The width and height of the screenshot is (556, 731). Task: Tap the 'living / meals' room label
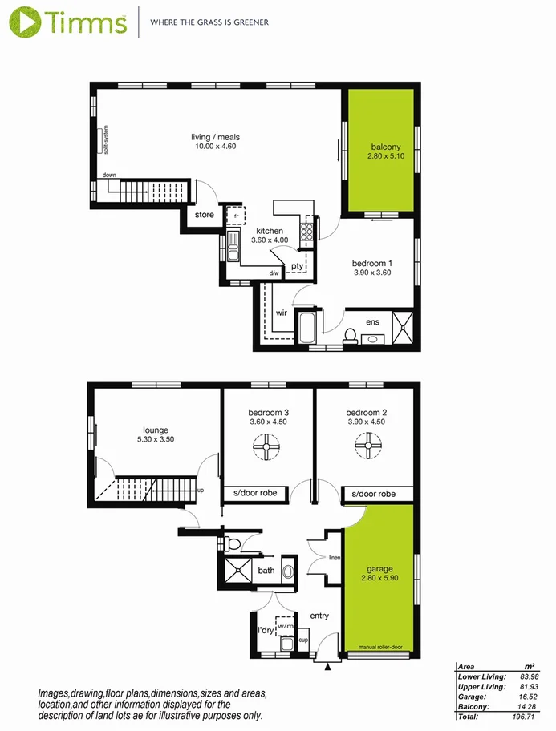(216, 137)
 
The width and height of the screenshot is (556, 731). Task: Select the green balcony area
(379, 151)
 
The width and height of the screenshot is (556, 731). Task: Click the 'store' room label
(205, 215)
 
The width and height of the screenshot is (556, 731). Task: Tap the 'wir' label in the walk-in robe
(282, 313)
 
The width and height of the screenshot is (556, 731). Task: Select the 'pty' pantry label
(298, 266)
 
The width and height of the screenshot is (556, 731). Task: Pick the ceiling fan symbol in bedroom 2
(367, 446)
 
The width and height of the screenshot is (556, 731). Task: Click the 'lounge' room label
(155, 430)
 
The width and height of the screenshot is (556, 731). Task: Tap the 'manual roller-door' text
(380, 646)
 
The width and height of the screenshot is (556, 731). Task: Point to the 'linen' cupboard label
(335, 558)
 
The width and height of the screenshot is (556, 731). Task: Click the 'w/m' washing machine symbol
(286, 624)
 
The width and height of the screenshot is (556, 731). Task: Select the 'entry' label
(319, 616)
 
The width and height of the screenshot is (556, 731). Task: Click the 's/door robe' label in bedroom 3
(256, 493)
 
